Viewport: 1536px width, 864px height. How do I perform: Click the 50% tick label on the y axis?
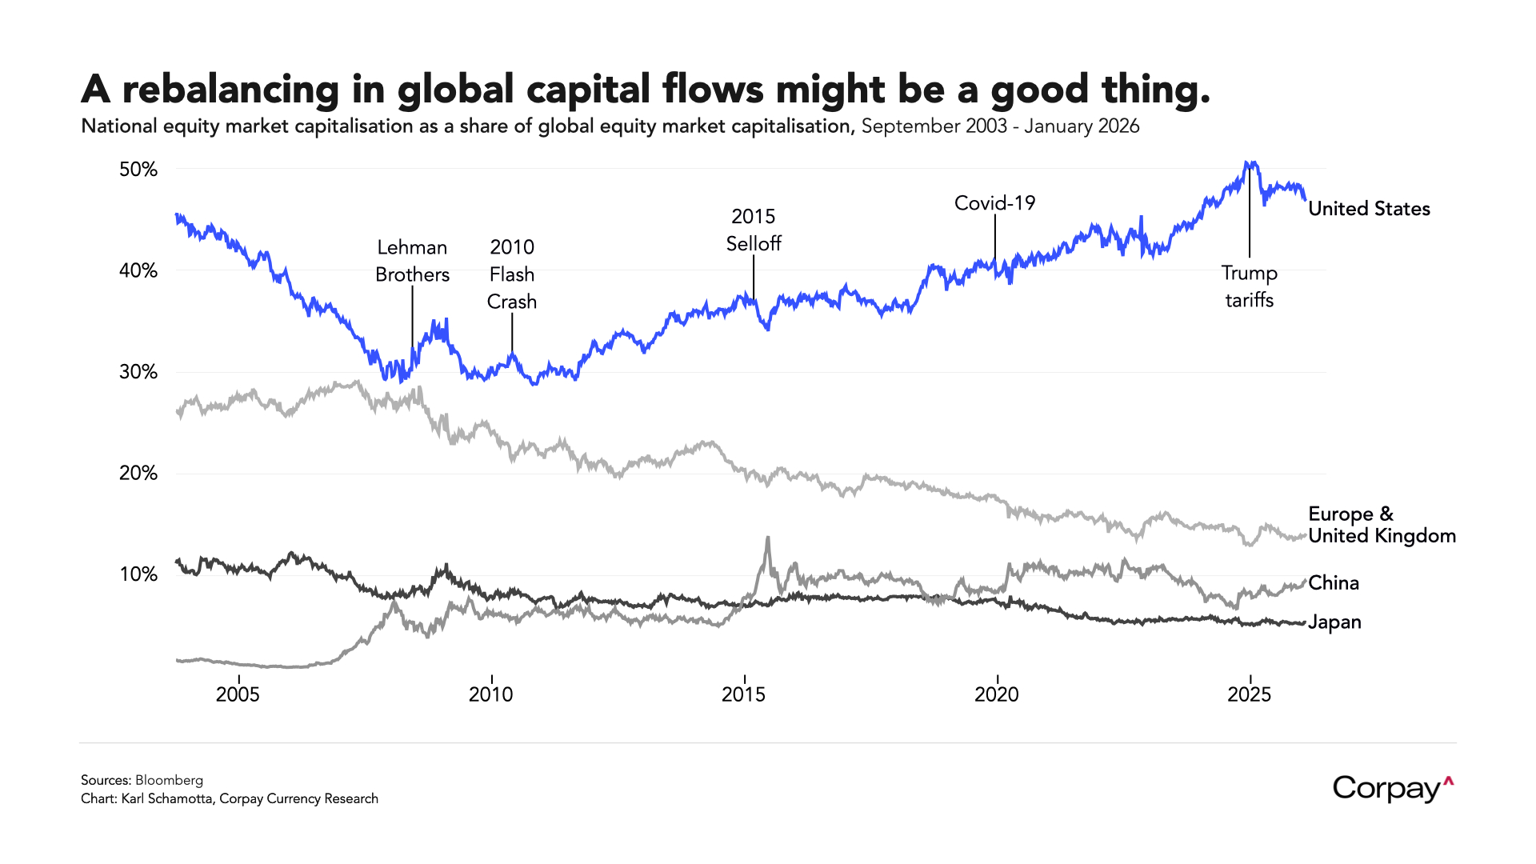pyautogui.click(x=138, y=170)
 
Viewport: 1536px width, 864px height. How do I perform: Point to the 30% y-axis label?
pyautogui.click(x=138, y=372)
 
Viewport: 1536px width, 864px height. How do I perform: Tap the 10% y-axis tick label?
pyautogui.click(x=138, y=574)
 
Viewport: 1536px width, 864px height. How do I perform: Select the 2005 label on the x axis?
pyautogui.click(x=238, y=694)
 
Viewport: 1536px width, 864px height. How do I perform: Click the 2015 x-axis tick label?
pyautogui.click(x=743, y=694)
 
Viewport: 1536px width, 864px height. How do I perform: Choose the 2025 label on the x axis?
pyautogui.click(x=1249, y=694)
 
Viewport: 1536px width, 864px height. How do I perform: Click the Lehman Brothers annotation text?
pyautogui.click(x=412, y=261)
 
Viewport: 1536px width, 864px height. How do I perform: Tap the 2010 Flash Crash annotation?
pyautogui.click(x=512, y=274)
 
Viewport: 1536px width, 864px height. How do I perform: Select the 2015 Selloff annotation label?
pyautogui.click(x=753, y=230)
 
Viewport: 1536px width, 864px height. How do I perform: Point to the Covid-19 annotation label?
pyautogui.click(x=994, y=203)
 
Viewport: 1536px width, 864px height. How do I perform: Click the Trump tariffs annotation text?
pyautogui.click(x=1249, y=286)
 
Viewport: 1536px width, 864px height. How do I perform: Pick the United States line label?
pyautogui.click(x=1369, y=209)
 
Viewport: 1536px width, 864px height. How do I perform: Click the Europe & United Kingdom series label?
pyautogui.click(x=1382, y=525)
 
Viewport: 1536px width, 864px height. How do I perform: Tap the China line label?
pyautogui.click(x=1334, y=582)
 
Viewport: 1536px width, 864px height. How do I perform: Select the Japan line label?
pyautogui.click(x=1334, y=622)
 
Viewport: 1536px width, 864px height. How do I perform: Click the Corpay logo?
pyautogui.click(x=1393, y=789)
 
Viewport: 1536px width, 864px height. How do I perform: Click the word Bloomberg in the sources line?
pyautogui.click(x=169, y=780)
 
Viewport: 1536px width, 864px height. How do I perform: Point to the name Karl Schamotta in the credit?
pyautogui.click(x=166, y=798)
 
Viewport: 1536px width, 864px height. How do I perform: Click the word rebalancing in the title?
pyautogui.click(x=230, y=90)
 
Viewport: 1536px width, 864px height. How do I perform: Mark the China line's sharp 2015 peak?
pyautogui.click(x=768, y=538)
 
